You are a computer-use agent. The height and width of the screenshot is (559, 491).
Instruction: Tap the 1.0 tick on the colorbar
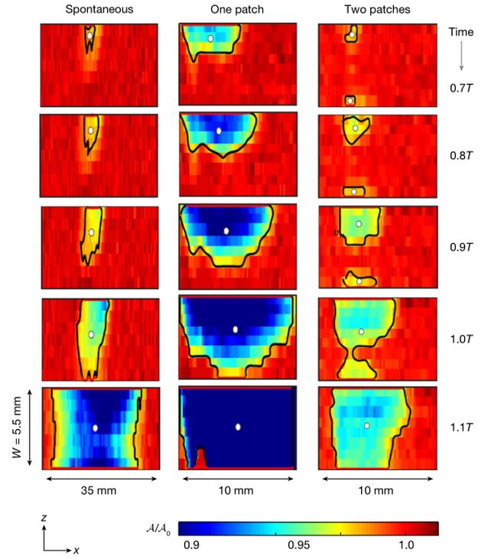pos(406,545)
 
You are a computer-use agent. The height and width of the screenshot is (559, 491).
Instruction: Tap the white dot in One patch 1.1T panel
pos(238,426)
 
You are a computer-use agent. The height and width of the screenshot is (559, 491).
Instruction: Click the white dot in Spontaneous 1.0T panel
pos(91,334)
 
